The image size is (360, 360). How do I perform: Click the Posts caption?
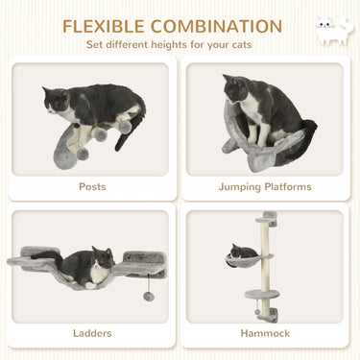(x=92, y=186)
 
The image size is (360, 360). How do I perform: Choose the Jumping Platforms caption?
(x=264, y=186)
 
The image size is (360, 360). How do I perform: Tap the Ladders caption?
(x=92, y=333)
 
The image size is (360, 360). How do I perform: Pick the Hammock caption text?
(x=264, y=333)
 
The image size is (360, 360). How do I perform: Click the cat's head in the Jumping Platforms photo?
(x=238, y=88)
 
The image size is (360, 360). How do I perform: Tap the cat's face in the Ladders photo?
(x=98, y=259)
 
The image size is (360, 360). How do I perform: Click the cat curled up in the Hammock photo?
(x=244, y=252)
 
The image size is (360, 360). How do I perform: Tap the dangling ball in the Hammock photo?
(x=257, y=312)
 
